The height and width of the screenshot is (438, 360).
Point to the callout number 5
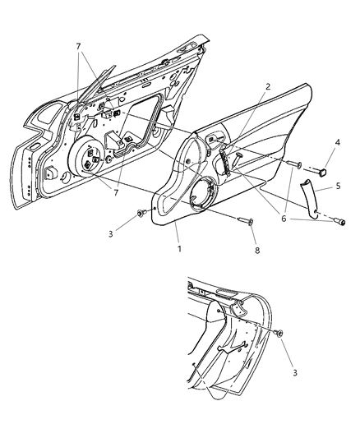click(x=336, y=187)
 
